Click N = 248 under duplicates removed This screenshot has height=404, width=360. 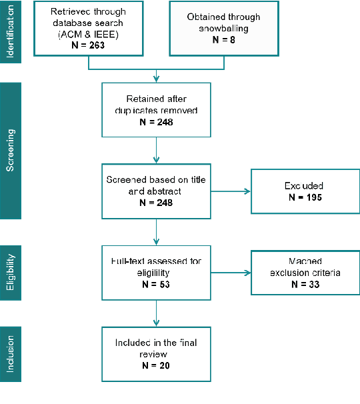[x=156, y=124]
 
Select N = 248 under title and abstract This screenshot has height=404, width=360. [x=156, y=202]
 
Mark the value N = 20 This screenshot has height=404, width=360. [x=156, y=365]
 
